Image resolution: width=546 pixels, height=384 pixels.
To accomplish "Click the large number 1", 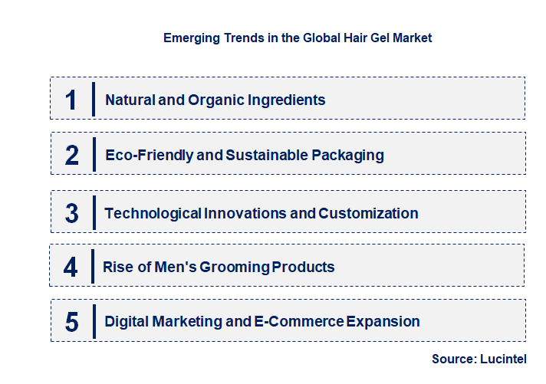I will pyautogui.click(x=71, y=100).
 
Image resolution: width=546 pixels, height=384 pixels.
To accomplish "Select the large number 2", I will pyautogui.click(x=72, y=156).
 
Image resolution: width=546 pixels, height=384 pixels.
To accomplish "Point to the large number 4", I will pyautogui.click(x=71, y=267).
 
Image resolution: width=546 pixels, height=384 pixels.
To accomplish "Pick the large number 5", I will pyautogui.click(x=71, y=322).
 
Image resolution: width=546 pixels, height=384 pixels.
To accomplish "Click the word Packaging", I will pyautogui.click(x=347, y=156).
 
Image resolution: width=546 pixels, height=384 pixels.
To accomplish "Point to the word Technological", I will pyautogui.click(x=153, y=213).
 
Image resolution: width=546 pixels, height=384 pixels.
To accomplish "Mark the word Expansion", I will pyautogui.click(x=383, y=322).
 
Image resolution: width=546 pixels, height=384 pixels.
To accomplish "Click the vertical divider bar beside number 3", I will pyautogui.click(x=93, y=212).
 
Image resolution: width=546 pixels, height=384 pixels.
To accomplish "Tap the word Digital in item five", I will pyautogui.click(x=127, y=322).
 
